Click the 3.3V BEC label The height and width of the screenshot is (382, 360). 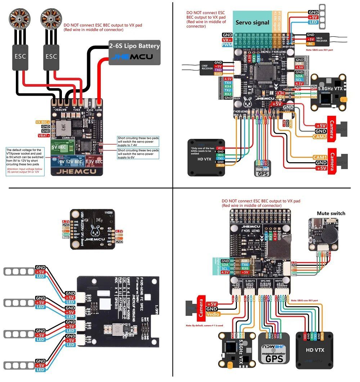point(95,162)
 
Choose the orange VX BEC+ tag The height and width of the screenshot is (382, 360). point(43,122)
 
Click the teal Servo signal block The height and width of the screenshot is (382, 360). point(252,22)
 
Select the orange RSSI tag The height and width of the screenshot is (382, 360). point(280,97)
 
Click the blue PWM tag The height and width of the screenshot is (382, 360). point(227,45)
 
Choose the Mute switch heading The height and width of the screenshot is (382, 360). point(331,213)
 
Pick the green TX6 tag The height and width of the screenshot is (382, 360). point(245,265)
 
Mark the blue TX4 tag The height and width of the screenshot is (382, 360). point(228,83)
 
